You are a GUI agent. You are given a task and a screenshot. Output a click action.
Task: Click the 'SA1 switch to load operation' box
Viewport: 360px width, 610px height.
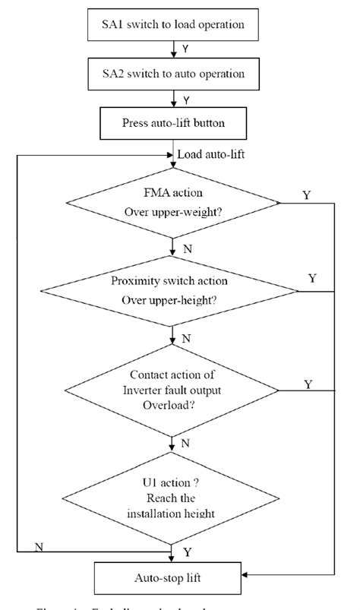point(175,24)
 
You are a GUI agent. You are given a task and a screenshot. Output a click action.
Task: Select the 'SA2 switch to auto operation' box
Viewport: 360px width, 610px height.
point(175,74)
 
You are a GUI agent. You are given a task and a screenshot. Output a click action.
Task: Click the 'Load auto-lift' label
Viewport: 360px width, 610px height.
point(210,155)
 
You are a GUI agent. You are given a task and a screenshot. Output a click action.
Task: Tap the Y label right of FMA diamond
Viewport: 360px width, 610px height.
point(306,195)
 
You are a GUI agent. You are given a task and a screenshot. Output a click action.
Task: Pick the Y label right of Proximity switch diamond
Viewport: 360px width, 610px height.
point(312,278)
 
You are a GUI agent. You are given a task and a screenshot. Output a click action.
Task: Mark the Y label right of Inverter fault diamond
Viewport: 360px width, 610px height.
point(308,384)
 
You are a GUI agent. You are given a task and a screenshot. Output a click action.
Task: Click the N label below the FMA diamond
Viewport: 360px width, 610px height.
point(186,248)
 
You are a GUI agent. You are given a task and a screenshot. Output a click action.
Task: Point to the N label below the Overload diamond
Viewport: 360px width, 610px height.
point(186,441)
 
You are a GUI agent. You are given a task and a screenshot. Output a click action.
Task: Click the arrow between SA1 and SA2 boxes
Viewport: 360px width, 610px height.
point(175,49)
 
